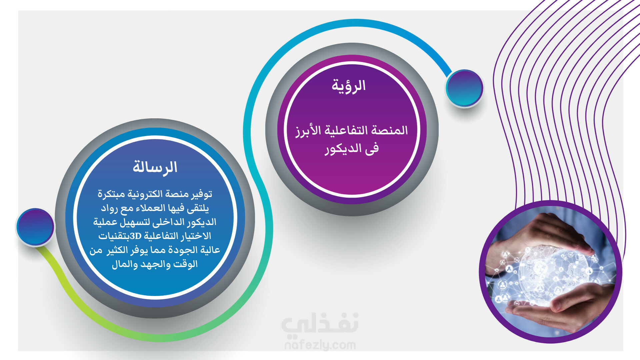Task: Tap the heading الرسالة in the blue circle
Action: click(155, 167)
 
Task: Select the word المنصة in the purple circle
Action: click(390, 130)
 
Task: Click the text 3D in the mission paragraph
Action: click(136, 236)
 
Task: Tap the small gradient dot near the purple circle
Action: click(464, 88)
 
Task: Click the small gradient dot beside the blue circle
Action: click(35, 227)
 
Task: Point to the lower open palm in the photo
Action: click(563, 307)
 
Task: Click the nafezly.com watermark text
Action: click(320, 345)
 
